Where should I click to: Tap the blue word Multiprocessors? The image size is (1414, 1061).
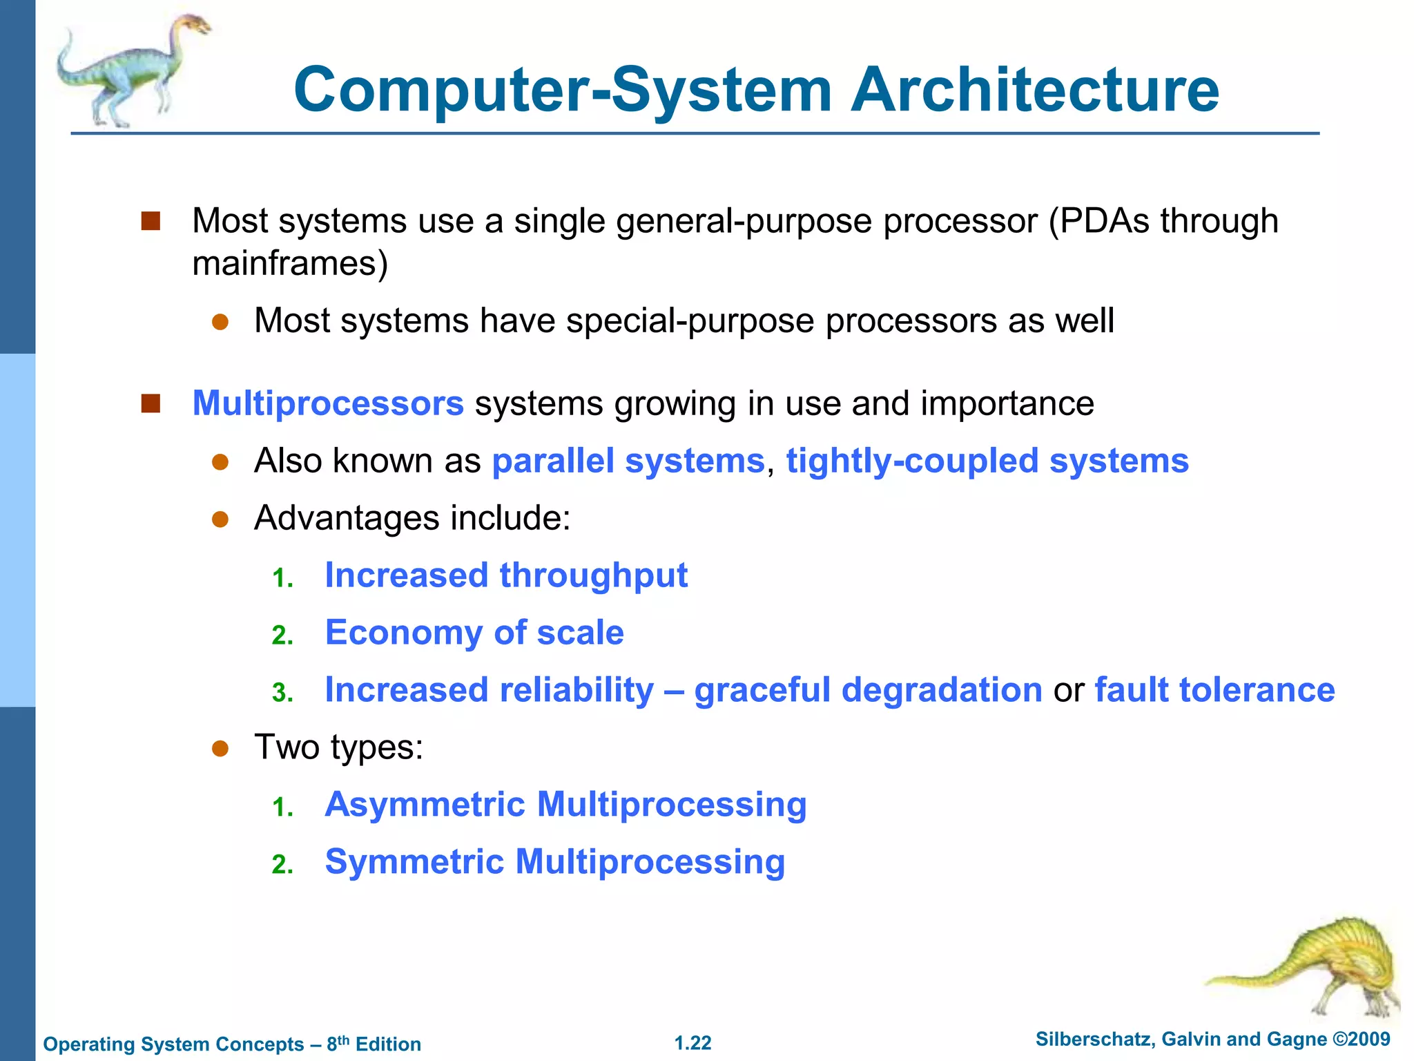(328, 403)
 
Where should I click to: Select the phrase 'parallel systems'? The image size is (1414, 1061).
(628, 461)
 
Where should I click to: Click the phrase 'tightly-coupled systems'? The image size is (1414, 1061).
(987, 461)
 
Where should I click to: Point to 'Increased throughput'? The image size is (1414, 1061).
(506, 575)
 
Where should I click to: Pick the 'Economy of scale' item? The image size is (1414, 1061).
(474, 633)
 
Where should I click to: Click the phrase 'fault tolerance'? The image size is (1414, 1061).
(1214, 690)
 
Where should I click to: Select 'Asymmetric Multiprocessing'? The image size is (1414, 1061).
(565, 805)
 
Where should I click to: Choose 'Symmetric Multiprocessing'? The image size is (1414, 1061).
(554, 862)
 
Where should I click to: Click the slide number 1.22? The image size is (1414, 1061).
(693, 1043)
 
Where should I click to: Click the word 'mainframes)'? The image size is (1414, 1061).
(290, 264)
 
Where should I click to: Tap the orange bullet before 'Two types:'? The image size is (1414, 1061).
(220, 749)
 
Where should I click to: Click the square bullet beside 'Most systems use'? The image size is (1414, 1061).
(151, 221)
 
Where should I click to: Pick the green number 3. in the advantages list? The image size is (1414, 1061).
(282, 693)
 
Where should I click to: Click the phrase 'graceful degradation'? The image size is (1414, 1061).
(868, 690)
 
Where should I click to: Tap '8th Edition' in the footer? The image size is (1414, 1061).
(374, 1044)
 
